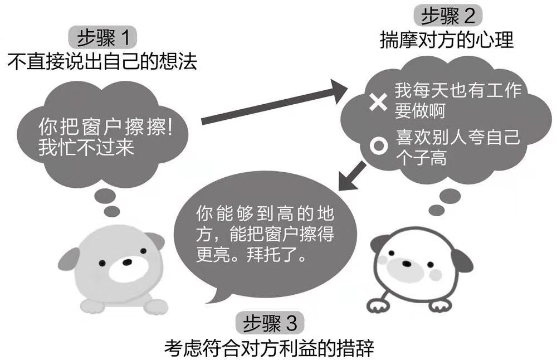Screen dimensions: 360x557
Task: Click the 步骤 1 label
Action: tap(102, 38)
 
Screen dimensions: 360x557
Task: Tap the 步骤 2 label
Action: tap(448, 16)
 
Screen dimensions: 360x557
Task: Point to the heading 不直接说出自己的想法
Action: tap(102, 61)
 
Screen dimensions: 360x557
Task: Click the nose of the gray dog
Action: tap(128, 261)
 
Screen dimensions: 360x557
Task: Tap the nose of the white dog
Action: tap(407, 264)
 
